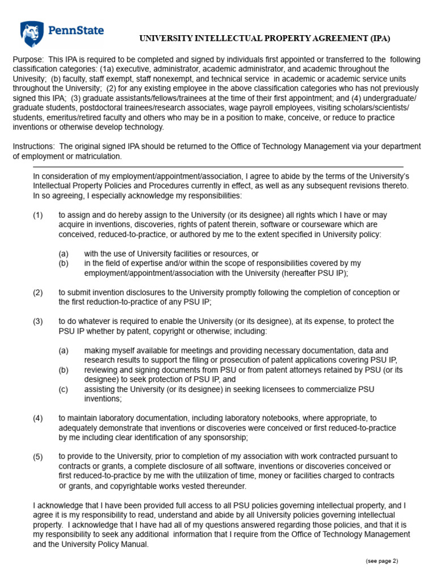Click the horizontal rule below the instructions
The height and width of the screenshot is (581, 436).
218,167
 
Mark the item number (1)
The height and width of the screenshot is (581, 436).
38,215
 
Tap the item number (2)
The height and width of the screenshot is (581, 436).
38,292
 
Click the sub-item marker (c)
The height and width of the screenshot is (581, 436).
64,389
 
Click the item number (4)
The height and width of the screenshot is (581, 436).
38,418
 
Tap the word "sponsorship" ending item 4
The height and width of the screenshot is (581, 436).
224,437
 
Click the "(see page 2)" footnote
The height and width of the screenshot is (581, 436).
381,561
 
